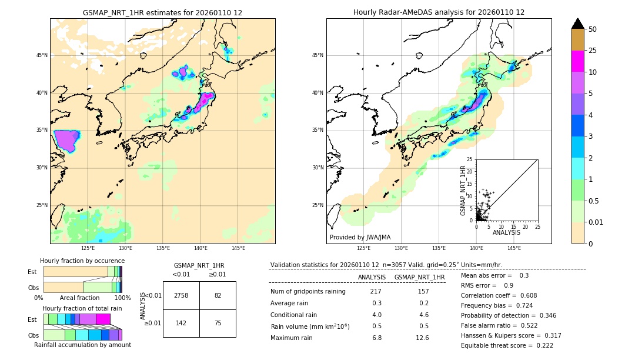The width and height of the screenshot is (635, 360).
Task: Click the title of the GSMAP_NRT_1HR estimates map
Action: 162,12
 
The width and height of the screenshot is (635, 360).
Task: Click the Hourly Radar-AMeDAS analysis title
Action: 439,12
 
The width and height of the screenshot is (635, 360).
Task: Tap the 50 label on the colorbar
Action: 593,29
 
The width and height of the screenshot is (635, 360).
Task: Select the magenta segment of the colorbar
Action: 577,61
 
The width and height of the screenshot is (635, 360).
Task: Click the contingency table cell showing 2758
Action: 181,295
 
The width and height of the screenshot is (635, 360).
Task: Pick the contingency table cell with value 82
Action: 218,295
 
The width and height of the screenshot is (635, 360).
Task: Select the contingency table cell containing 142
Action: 181,323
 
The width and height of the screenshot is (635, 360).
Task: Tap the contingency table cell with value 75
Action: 218,323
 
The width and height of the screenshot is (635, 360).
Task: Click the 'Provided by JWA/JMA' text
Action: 360,238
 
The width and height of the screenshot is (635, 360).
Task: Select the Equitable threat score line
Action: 499,345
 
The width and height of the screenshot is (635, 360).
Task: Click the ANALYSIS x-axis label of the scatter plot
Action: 506,232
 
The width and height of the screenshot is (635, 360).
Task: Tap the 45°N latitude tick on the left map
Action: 42,55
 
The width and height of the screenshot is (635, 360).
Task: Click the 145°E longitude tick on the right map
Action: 514,248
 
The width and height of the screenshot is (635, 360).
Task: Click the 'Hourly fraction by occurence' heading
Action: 82,261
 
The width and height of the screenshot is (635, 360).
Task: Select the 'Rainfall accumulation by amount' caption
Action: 82,345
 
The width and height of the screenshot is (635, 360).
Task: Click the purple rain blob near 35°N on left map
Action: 66,140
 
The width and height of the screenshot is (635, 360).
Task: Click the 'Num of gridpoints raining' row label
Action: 308,291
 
